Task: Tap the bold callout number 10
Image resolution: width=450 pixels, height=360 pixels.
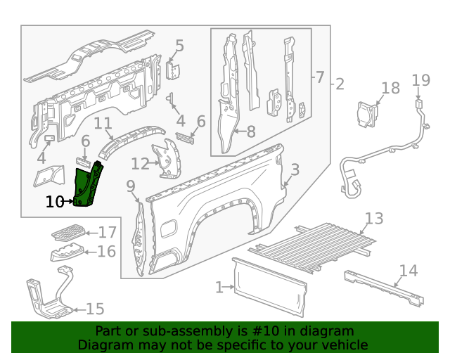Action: tap(54, 202)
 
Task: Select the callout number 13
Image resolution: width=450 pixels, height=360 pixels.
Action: tap(374, 218)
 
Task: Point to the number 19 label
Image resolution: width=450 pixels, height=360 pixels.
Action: tap(420, 80)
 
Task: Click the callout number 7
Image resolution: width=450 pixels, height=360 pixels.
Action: tap(319, 77)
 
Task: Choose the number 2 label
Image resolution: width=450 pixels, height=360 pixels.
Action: tap(340, 84)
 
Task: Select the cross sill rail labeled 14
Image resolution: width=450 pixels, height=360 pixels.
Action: tap(383, 288)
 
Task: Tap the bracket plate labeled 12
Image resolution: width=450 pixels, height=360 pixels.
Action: tap(168, 161)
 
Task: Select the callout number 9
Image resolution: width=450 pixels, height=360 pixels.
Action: tap(131, 186)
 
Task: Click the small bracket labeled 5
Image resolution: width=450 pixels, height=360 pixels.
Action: tap(174, 71)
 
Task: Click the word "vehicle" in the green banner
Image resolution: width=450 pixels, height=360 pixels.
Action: tap(343, 345)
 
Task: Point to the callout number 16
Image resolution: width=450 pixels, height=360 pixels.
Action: tap(107, 252)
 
